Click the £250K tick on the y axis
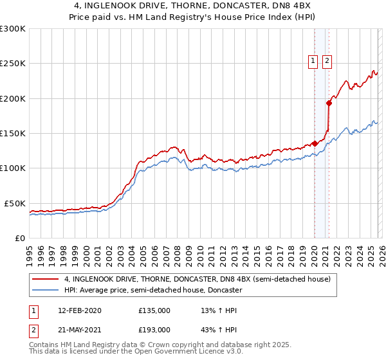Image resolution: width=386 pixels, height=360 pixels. (x=13, y=64)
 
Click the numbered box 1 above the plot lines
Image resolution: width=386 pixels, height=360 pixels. (x=313, y=61)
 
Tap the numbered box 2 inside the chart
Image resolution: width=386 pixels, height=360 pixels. (x=327, y=61)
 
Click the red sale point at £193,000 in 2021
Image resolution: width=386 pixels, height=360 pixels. (x=329, y=103)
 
